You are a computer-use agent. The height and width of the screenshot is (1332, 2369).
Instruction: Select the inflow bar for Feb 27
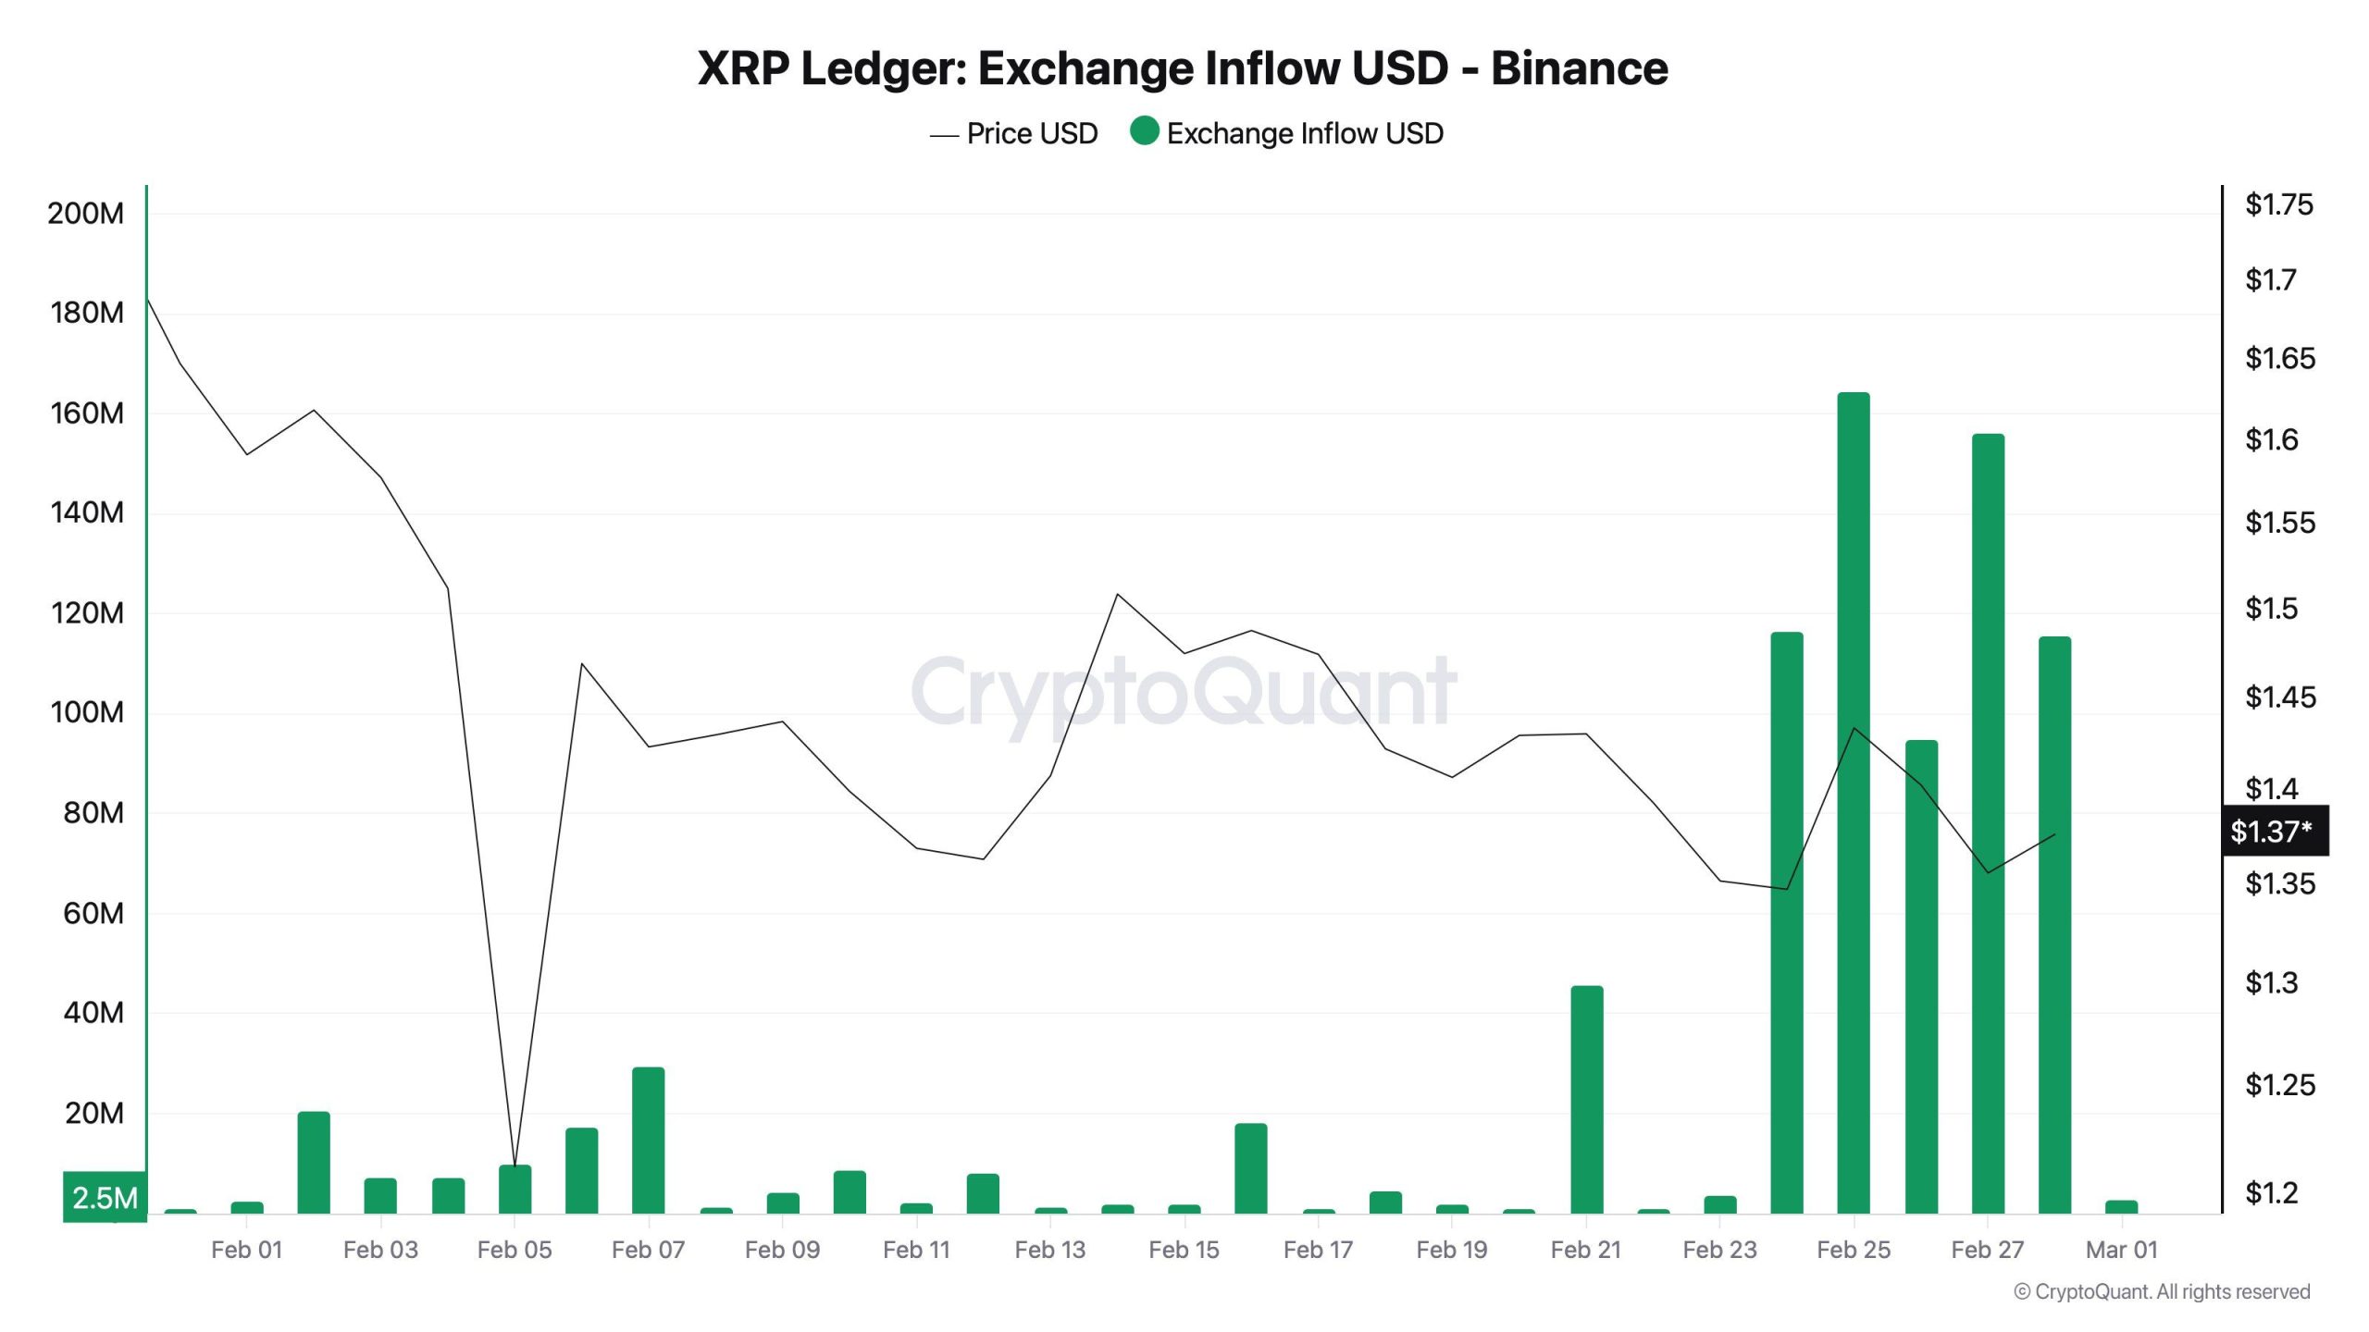(x=1987, y=823)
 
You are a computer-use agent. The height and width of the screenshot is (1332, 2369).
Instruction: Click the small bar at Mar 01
(x=2121, y=1206)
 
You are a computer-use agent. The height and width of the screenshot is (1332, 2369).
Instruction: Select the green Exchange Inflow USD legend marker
(x=1144, y=131)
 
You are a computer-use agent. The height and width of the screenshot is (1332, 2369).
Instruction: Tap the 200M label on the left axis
(x=85, y=214)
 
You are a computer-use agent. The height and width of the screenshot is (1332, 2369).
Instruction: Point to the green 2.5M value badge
(x=105, y=1198)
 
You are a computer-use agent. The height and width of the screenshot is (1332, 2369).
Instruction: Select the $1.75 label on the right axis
(x=2278, y=204)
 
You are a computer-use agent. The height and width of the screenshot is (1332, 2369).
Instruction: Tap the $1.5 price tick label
(x=2271, y=609)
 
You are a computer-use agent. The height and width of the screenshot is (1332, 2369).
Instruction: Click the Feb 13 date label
(x=1049, y=1250)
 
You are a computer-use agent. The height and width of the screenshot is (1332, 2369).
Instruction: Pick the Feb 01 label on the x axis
(x=246, y=1250)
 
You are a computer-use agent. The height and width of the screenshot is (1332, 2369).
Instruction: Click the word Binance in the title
(x=1579, y=68)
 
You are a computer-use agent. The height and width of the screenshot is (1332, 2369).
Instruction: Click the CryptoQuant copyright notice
(x=2162, y=1291)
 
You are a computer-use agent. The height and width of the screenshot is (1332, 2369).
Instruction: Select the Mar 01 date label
(x=2121, y=1250)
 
